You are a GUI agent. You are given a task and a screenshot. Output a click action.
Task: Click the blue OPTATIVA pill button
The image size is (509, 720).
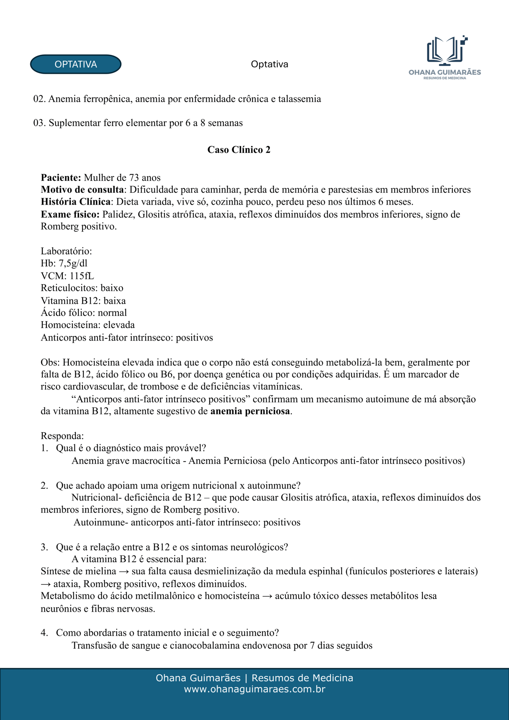[76, 64]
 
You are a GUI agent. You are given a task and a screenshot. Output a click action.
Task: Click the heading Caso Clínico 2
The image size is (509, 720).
[239, 150]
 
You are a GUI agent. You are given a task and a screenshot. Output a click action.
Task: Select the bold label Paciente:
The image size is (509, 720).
[61, 177]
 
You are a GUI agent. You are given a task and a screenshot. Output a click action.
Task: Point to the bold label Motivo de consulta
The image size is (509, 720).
[82, 190]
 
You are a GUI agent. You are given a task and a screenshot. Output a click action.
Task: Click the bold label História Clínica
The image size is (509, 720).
[75, 202]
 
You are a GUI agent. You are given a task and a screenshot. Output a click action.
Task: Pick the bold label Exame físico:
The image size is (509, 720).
[70, 214]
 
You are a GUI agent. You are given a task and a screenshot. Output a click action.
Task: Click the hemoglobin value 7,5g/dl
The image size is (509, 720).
[73, 263]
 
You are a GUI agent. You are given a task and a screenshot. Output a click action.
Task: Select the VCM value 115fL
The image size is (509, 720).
[82, 276]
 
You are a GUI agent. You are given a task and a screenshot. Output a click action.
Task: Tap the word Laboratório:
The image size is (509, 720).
[66, 251]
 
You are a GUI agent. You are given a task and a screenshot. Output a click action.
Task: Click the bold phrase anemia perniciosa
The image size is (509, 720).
[250, 411]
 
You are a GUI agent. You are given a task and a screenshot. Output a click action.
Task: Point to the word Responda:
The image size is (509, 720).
[62, 436]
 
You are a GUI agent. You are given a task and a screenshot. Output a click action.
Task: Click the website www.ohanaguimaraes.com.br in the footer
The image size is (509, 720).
[254, 689]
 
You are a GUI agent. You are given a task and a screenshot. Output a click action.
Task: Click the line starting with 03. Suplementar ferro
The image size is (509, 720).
[138, 123]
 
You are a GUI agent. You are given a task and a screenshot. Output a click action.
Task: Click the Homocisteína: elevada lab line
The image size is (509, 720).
[87, 325]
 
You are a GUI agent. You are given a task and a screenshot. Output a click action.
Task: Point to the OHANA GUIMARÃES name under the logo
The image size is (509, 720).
[444, 72]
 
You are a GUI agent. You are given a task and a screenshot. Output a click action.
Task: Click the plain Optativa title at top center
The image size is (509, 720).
[269, 64]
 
